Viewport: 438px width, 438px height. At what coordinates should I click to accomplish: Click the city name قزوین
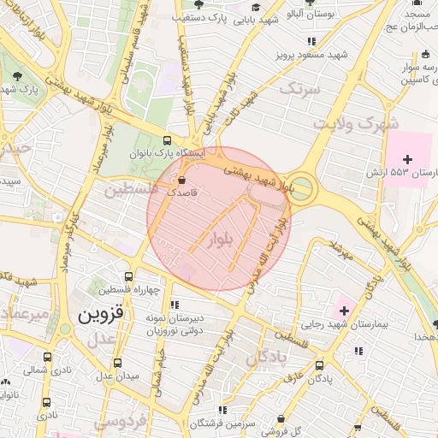[101, 314]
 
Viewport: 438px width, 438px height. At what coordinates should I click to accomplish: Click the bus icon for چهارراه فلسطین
[128, 276]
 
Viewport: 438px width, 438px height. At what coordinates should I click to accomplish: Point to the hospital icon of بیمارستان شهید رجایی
[344, 308]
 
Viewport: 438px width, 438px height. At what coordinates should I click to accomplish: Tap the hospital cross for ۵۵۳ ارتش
[407, 159]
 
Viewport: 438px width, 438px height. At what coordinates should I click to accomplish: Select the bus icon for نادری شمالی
[47, 358]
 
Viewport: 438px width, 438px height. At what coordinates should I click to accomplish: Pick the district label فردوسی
[120, 421]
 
